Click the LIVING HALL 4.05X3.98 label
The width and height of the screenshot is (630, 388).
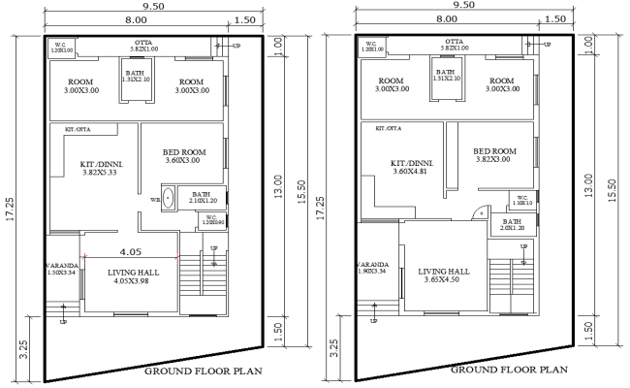[130, 278]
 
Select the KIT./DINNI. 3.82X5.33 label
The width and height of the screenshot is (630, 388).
[97, 171]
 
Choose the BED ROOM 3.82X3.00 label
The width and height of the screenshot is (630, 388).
[495, 156]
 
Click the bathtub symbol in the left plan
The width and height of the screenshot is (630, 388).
[170, 198]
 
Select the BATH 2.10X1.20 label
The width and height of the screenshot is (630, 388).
[202, 198]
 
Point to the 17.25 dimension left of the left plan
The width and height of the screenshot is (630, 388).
[10, 209]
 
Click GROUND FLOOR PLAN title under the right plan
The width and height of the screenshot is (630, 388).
[509, 369]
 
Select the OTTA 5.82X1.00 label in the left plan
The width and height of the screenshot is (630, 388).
[142, 46]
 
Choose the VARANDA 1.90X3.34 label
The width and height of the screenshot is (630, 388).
[373, 269]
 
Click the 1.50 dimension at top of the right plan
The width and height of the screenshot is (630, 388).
[556, 18]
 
